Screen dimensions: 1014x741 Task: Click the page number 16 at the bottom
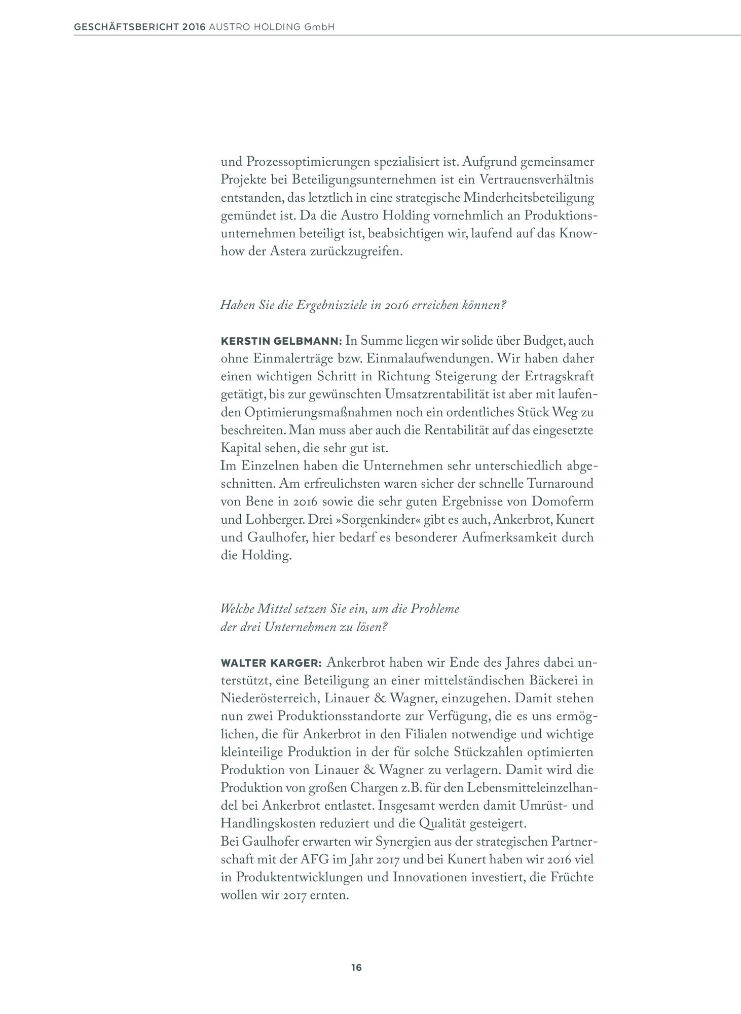tap(356, 967)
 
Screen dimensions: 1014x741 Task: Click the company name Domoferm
tap(563, 502)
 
